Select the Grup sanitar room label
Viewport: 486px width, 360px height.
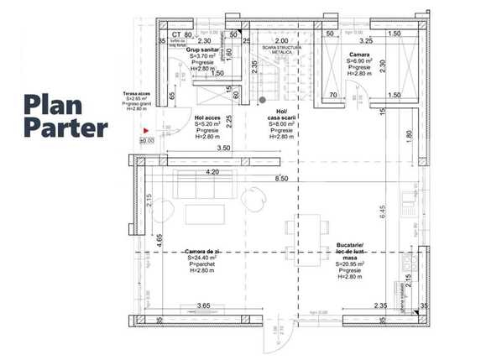[x=202, y=50]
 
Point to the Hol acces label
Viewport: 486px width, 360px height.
[x=208, y=118]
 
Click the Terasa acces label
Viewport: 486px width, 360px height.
[x=135, y=95]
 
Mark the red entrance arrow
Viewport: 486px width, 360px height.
[x=145, y=132]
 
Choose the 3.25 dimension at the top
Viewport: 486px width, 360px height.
[x=365, y=39]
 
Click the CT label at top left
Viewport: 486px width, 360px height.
[x=175, y=35]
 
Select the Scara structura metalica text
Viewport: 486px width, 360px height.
[x=280, y=50]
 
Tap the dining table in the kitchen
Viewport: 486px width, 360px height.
[x=310, y=227]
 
